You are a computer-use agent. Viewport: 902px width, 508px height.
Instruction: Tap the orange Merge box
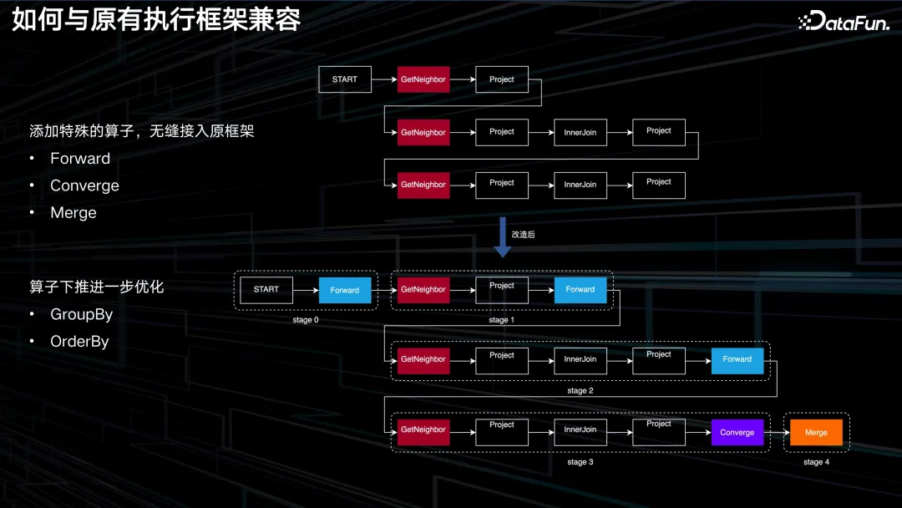(x=816, y=432)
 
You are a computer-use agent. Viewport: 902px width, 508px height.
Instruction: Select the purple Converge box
(x=737, y=432)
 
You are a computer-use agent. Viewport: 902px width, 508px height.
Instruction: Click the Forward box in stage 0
(x=344, y=290)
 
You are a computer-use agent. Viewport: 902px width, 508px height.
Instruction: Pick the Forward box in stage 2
(x=737, y=359)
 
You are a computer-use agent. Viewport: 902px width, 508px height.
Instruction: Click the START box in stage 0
(x=266, y=289)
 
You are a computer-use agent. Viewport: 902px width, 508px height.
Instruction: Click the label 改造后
(x=523, y=235)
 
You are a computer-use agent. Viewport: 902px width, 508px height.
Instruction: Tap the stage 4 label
(x=816, y=462)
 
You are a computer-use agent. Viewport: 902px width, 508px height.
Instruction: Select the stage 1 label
(x=501, y=320)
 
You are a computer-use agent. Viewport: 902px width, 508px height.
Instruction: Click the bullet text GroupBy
(x=81, y=314)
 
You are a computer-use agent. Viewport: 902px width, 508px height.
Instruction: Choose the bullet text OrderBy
(x=79, y=341)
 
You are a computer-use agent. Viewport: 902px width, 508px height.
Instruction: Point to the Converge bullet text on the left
(x=84, y=185)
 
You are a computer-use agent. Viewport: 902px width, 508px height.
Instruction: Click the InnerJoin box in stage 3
(x=580, y=429)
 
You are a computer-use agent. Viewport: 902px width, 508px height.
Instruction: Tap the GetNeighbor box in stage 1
(x=423, y=289)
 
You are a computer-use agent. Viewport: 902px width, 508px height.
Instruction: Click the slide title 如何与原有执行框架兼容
(x=156, y=20)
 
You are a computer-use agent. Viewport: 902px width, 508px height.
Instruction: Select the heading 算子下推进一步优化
(x=97, y=287)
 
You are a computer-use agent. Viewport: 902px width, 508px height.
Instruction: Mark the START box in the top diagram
(x=345, y=79)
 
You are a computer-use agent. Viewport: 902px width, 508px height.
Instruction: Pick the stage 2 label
(x=580, y=390)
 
